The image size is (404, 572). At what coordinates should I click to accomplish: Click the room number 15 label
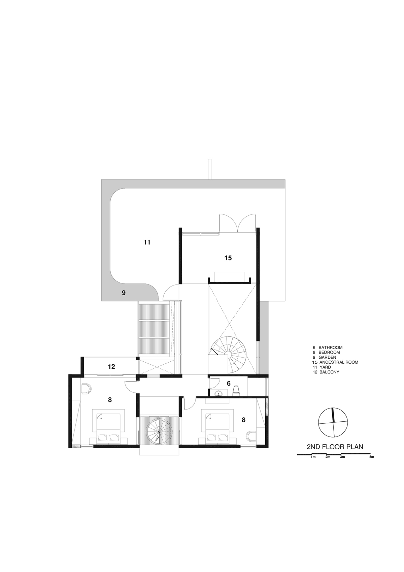coord(228,258)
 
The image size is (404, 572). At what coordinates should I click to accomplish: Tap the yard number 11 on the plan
coord(147,242)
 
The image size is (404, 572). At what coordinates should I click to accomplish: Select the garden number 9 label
coord(124,293)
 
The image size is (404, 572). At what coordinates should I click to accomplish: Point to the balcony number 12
coord(111,367)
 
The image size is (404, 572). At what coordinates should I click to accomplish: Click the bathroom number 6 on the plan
coord(229,383)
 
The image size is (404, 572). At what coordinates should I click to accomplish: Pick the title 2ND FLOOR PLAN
coord(335,447)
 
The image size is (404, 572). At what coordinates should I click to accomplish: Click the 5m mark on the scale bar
coord(372,457)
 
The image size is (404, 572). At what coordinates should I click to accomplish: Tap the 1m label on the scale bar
coord(313,457)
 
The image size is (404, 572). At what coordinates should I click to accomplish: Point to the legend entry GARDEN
coord(327,357)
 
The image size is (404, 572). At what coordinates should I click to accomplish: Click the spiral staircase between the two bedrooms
coord(159,431)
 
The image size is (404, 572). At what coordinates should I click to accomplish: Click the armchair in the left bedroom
coord(86,388)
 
